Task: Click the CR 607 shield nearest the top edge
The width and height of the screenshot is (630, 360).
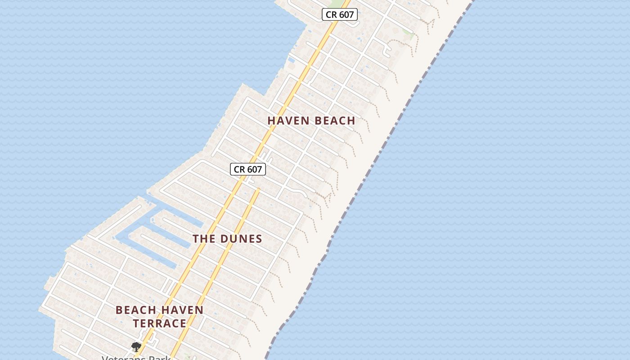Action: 340,14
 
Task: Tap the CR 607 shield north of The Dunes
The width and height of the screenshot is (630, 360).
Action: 248,169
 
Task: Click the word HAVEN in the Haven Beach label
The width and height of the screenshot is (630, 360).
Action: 288,121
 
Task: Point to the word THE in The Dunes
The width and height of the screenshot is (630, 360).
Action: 204,239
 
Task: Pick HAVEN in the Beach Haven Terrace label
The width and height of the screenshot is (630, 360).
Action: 182,310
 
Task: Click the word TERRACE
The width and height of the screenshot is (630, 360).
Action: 160,323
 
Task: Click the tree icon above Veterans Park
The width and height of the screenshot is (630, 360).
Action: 136,346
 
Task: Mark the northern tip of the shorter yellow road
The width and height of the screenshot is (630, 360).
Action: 258,190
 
